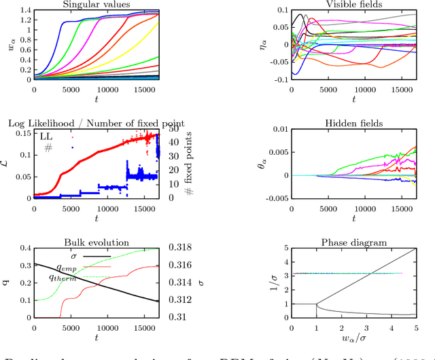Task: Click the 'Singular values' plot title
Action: click(x=97, y=4)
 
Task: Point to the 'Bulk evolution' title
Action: click(x=97, y=242)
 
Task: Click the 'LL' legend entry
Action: click(x=48, y=138)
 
